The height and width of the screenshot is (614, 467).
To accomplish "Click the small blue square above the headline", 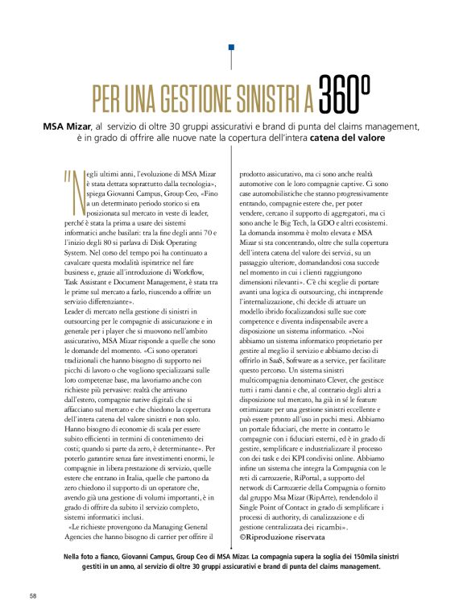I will (x=233, y=48).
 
